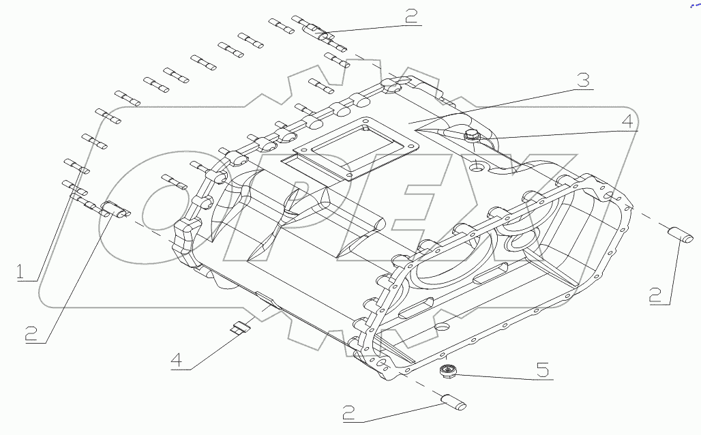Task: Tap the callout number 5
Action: pos(542,370)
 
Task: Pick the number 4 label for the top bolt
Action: pos(627,121)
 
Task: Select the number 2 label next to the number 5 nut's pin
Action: pos(348,412)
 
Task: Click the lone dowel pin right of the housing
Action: pos(679,235)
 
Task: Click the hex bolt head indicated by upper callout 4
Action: pos(471,136)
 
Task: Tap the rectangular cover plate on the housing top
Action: pos(348,151)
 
